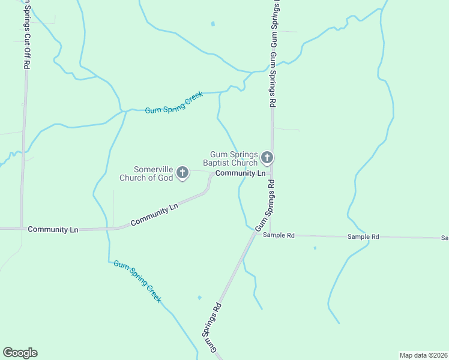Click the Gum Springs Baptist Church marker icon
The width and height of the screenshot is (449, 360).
click(x=267, y=158)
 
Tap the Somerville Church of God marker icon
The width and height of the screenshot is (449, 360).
click(x=182, y=173)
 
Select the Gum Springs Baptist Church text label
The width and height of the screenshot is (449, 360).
click(x=234, y=158)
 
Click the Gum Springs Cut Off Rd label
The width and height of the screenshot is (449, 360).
click(x=26, y=36)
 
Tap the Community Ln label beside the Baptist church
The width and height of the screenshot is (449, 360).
click(x=240, y=173)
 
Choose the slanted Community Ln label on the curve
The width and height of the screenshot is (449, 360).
click(x=155, y=215)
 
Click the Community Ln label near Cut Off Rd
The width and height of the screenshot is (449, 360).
click(x=53, y=229)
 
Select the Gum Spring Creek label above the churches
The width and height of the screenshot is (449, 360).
click(x=175, y=103)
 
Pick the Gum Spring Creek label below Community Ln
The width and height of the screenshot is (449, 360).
click(x=137, y=281)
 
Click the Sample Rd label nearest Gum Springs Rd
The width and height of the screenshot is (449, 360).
click(x=279, y=236)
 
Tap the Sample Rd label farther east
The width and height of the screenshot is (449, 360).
click(x=363, y=237)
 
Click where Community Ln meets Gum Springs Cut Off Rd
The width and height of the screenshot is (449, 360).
click(x=22, y=229)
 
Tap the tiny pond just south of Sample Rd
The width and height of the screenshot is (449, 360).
click(x=315, y=248)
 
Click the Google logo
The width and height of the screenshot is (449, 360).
click(x=20, y=353)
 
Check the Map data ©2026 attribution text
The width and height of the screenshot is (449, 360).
click(x=423, y=355)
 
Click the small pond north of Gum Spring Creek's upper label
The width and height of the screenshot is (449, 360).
click(x=212, y=24)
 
